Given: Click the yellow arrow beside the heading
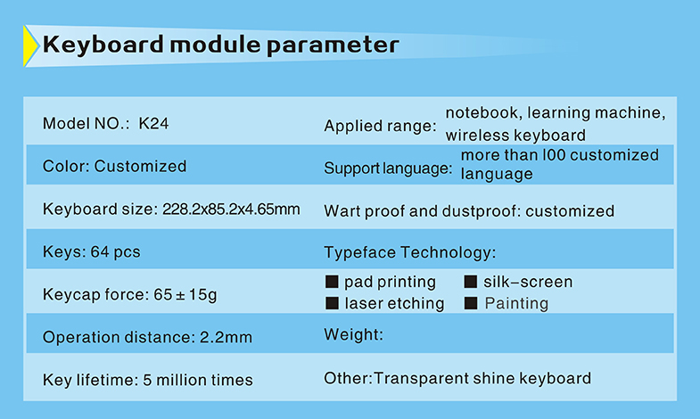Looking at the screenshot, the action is pos(30,46).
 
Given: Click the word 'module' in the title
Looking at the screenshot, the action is pos(215,45).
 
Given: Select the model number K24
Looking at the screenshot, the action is pos(153,124).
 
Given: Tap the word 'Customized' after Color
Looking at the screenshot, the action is pos(140,167).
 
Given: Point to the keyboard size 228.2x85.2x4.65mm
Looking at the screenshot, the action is pos(231,209).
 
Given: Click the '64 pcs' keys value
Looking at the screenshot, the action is pos(116,252).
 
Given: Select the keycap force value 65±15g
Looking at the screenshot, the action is pos(185,295).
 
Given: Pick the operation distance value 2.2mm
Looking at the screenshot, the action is pos(226,337).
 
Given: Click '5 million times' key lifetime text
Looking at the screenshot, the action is pos(198,380).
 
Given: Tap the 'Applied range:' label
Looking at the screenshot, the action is pos(381,127).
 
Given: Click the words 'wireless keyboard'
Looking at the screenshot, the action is pos(515,136).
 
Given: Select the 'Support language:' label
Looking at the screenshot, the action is pos(388,168).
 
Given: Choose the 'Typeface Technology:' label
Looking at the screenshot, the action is pos(410,252).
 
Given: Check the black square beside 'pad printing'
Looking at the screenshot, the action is pos(332,282).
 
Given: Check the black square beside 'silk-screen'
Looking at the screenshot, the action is pos(471,282).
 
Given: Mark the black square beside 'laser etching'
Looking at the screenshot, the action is pos(332,303).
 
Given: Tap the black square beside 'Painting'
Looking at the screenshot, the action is pos(471,303).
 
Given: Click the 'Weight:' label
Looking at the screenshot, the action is pos(354,334).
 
